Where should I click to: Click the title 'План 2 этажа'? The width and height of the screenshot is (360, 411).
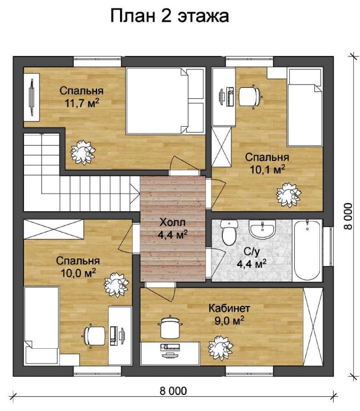170,16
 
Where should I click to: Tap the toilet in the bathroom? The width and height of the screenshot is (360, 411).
229,232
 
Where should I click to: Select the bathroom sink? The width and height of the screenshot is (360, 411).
262,229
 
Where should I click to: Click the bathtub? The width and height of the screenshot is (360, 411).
307,251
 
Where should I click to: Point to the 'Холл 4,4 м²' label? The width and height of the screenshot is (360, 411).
173,228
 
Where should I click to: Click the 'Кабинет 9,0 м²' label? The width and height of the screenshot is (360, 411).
229,315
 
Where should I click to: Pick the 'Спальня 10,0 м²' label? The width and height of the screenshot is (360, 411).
78,267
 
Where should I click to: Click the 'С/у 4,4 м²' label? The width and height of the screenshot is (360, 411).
251,258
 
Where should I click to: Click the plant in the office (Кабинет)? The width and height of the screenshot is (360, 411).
221,348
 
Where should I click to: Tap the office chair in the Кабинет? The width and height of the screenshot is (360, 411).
170,328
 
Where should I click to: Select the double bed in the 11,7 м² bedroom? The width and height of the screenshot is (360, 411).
165,101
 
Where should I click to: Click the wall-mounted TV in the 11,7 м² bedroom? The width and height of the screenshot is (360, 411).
31,97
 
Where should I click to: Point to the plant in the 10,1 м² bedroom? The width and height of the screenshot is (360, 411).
289,195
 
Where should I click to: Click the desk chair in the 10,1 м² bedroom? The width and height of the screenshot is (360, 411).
250,96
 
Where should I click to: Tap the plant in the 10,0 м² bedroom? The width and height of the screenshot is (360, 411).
117,285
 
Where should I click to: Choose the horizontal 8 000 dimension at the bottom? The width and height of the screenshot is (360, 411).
173,394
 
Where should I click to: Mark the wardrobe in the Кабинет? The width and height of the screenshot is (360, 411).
313,327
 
